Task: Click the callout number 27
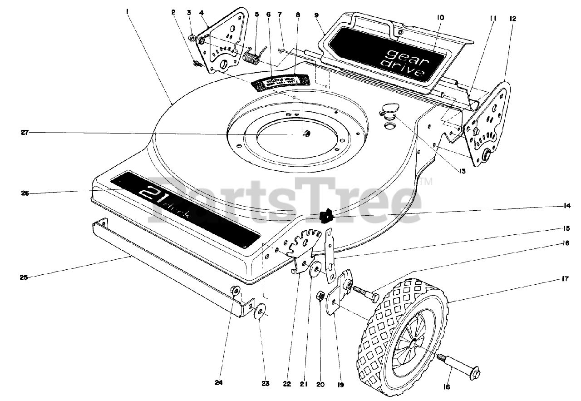point(25,133)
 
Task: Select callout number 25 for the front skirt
point(23,277)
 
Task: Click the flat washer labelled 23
point(261,313)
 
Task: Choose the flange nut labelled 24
point(236,290)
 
